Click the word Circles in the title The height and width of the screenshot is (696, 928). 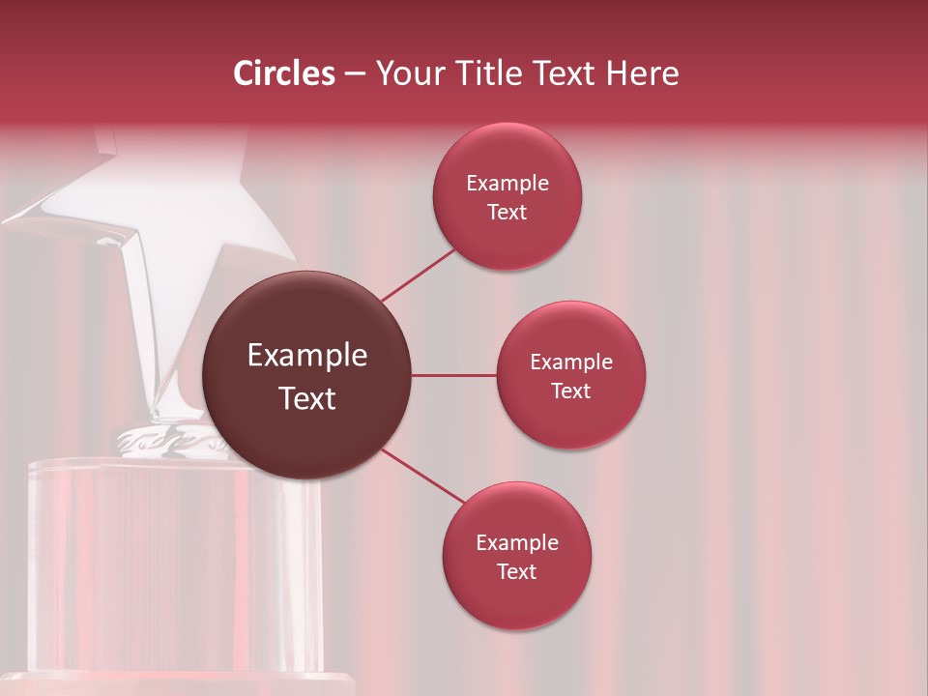[x=283, y=73]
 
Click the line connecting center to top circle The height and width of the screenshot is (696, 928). [x=418, y=275]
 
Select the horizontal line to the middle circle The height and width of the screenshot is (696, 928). [x=453, y=375]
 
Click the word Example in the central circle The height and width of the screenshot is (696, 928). [x=307, y=356]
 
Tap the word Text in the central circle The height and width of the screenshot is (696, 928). [x=307, y=397]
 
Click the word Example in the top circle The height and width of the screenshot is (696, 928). [x=507, y=184]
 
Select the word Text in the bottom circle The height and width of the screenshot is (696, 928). [x=517, y=571]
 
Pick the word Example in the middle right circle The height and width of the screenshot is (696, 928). [x=571, y=362]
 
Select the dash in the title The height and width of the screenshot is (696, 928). [x=354, y=73]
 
